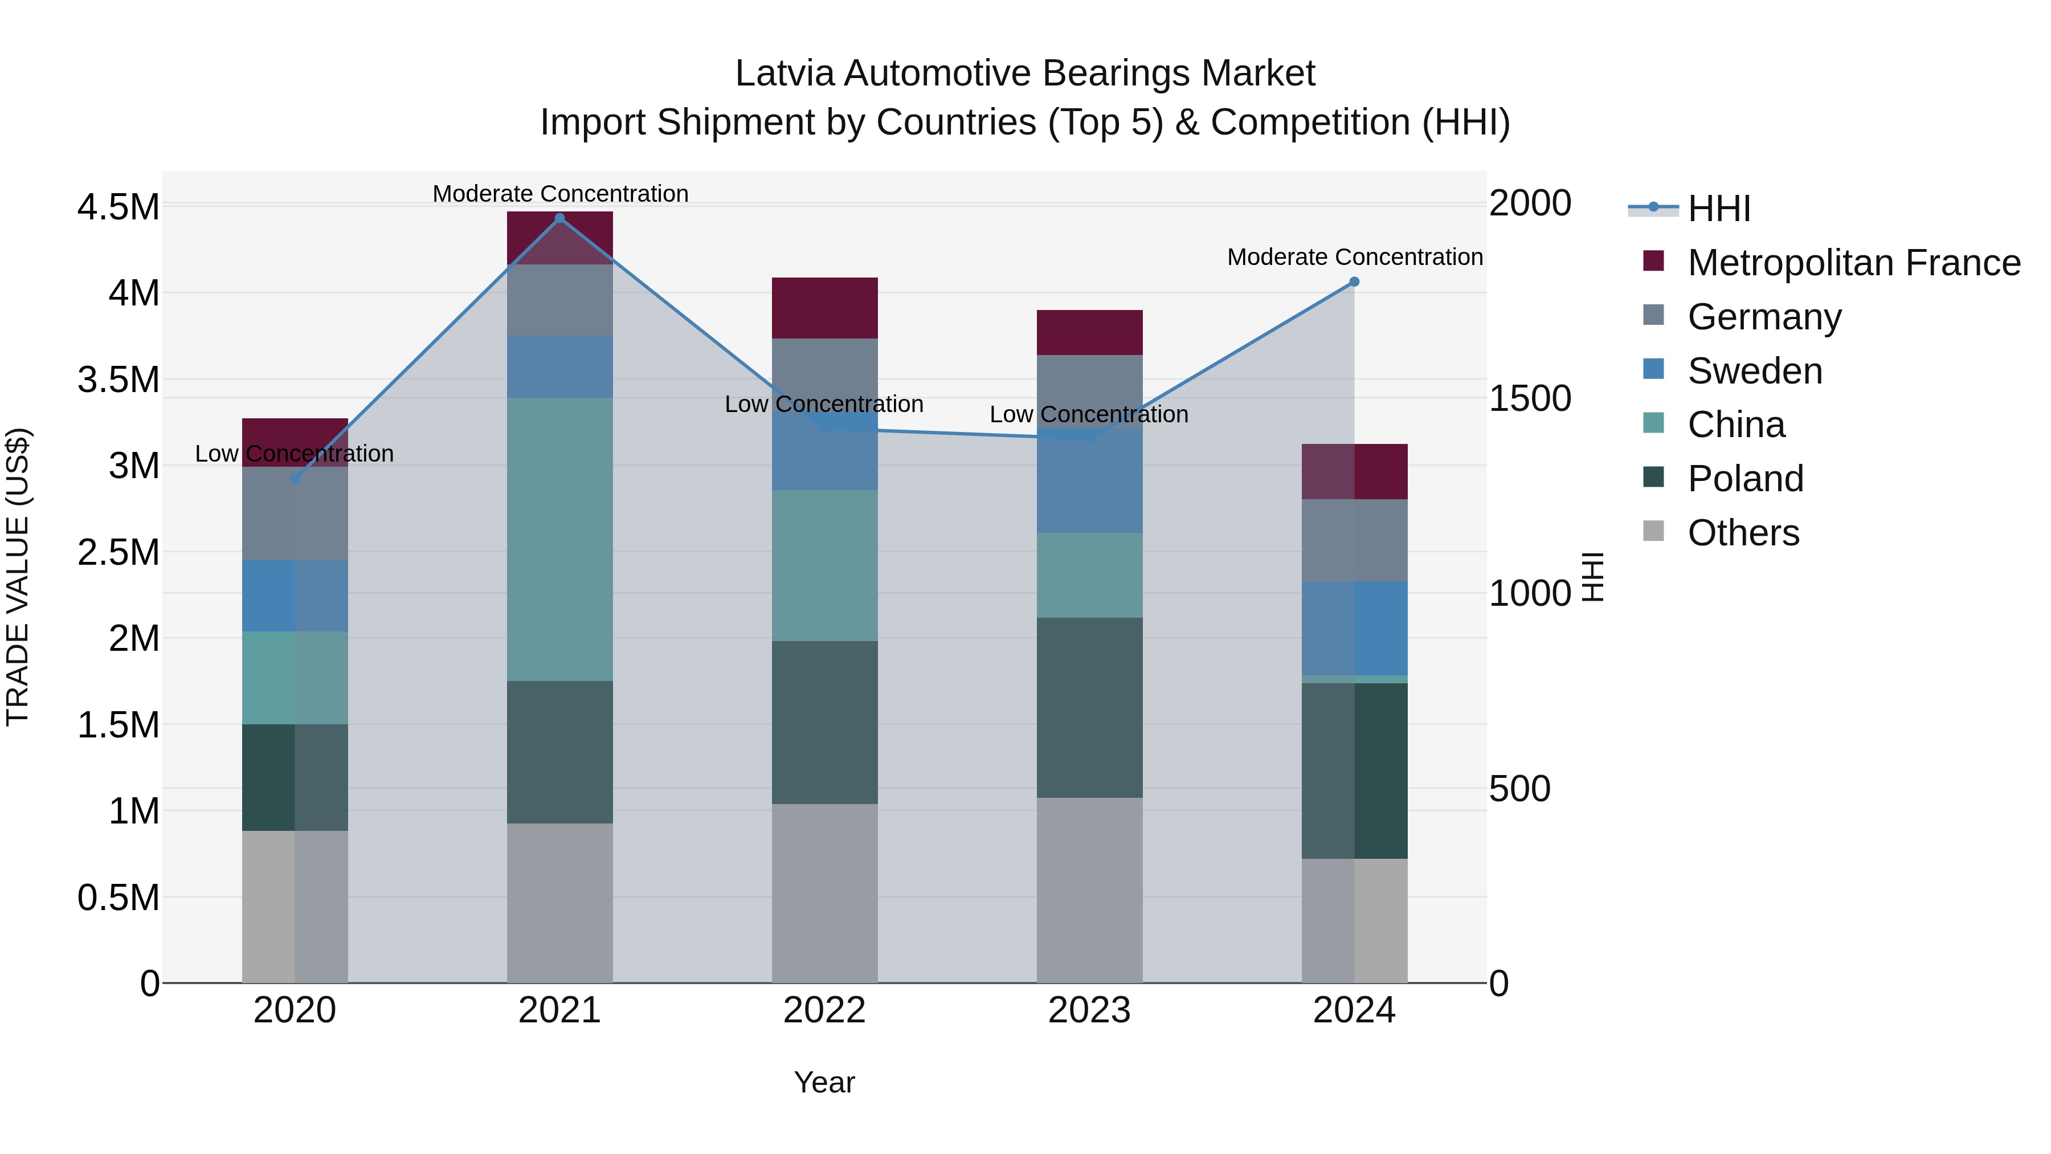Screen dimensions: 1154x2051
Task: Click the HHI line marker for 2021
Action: coord(559,218)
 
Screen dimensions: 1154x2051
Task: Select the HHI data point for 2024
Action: coord(1354,282)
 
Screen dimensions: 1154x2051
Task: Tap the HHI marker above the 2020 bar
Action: coord(295,479)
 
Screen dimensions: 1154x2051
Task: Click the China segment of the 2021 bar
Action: coord(559,539)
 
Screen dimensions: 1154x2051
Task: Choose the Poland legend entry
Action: coord(1744,479)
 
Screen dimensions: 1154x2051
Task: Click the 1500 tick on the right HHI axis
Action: coord(1530,398)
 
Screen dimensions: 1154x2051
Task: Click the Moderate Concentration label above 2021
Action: coord(559,194)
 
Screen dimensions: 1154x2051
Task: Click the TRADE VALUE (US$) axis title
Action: coord(18,577)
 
